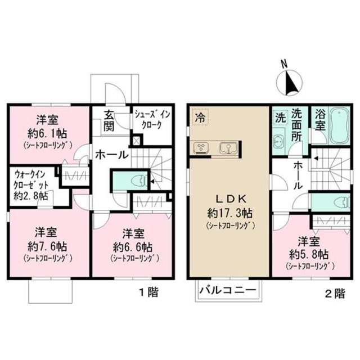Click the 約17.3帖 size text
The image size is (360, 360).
coord(229,214)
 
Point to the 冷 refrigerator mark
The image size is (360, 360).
coord(199,117)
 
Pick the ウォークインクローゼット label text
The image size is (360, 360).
coord(31,184)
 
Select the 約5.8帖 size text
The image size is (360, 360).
coord(310,254)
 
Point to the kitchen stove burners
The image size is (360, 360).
coord(200,148)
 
